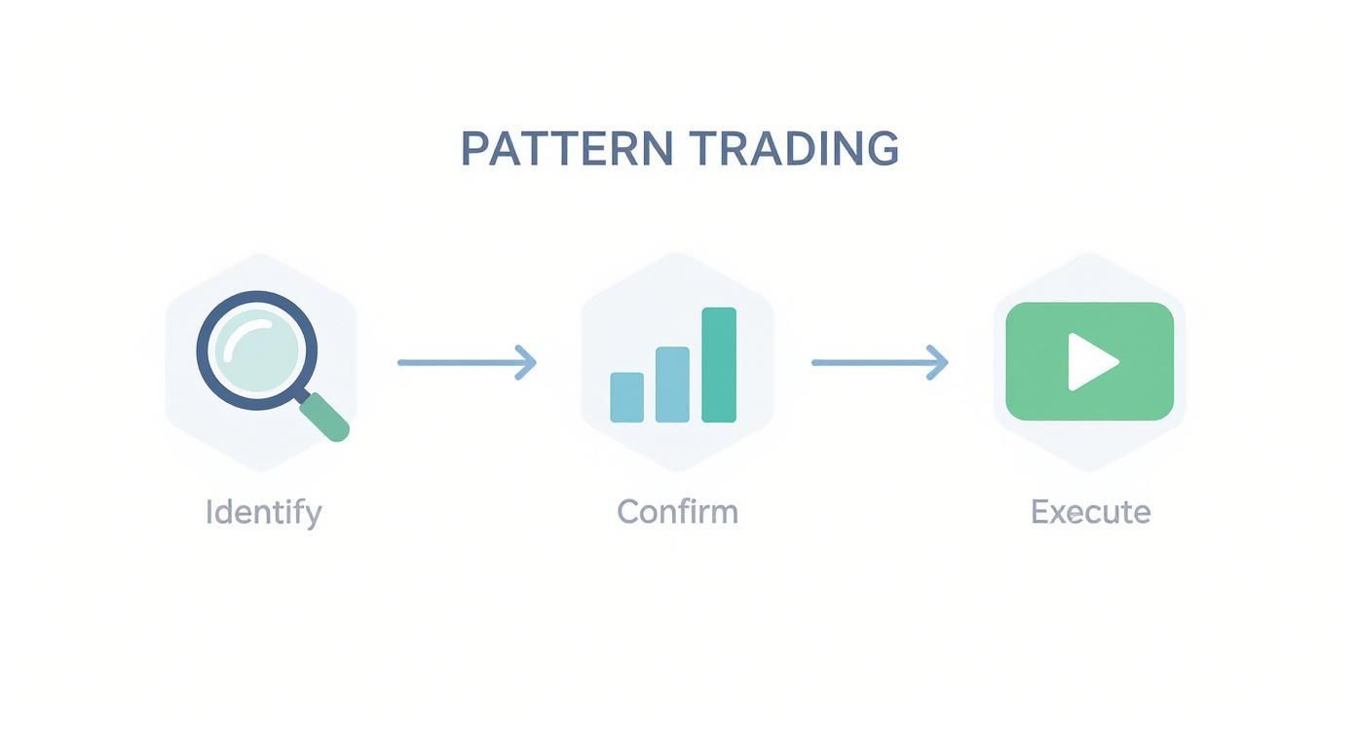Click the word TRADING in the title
click(x=794, y=149)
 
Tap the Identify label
click(x=263, y=512)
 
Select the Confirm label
click(x=678, y=512)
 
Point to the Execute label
click(x=1090, y=512)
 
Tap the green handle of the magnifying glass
click(x=325, y=418)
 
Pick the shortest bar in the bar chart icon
click(x=626, y=397)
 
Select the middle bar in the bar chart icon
click(x=672, y=384)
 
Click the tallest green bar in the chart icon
click(x=719, y=365)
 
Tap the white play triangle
click(x=1091, y=362)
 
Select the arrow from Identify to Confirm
click(x=466, y=362)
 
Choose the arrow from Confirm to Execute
click(x=880, y=362)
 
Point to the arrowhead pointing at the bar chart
click(x=527, y=362)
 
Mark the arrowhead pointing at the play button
click(x=939, y=362)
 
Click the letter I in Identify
click(x=208, y=512)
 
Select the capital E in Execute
click(x=1039, y=512)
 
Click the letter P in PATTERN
click(x=473, y=149)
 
